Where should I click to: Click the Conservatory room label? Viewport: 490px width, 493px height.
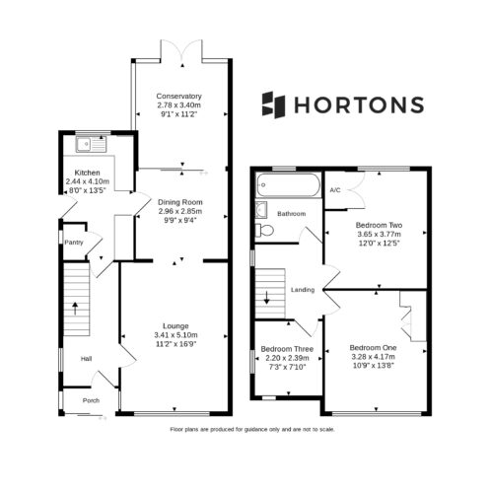tap(178, 96)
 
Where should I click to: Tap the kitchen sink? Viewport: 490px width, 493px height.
tap(92, 145)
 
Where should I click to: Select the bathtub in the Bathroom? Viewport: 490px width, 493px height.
tap(288, 185)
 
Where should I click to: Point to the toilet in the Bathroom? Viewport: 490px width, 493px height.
tap(264, 230)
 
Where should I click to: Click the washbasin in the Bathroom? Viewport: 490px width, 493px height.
tap(261, 209)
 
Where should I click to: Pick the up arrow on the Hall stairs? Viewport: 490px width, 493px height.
tap(75, 309)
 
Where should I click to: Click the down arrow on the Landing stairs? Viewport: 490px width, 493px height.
tap(267, 297)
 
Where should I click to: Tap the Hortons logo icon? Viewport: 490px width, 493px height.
tap(273, 105)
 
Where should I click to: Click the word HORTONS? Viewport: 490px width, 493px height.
tap(359, 106)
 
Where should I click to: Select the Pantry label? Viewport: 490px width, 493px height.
tap(74, 243)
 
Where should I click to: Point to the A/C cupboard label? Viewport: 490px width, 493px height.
tap(335, 190)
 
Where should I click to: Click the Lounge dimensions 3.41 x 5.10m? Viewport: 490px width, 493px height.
tap(175, 335)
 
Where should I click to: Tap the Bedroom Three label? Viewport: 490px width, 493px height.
tap(287, 349)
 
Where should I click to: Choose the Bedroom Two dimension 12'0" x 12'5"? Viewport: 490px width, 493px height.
tap(380, 244)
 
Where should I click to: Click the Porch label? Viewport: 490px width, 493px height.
tap(91, 400)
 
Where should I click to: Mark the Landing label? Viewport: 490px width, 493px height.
tap(303, 290)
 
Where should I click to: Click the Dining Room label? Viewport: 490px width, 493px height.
tap(180, 202)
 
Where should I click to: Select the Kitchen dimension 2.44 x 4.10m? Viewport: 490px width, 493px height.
tap(88, 181)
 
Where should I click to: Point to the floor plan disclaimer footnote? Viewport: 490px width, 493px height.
tap(252, 429)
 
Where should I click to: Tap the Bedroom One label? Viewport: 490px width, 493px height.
tap(373, 348)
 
